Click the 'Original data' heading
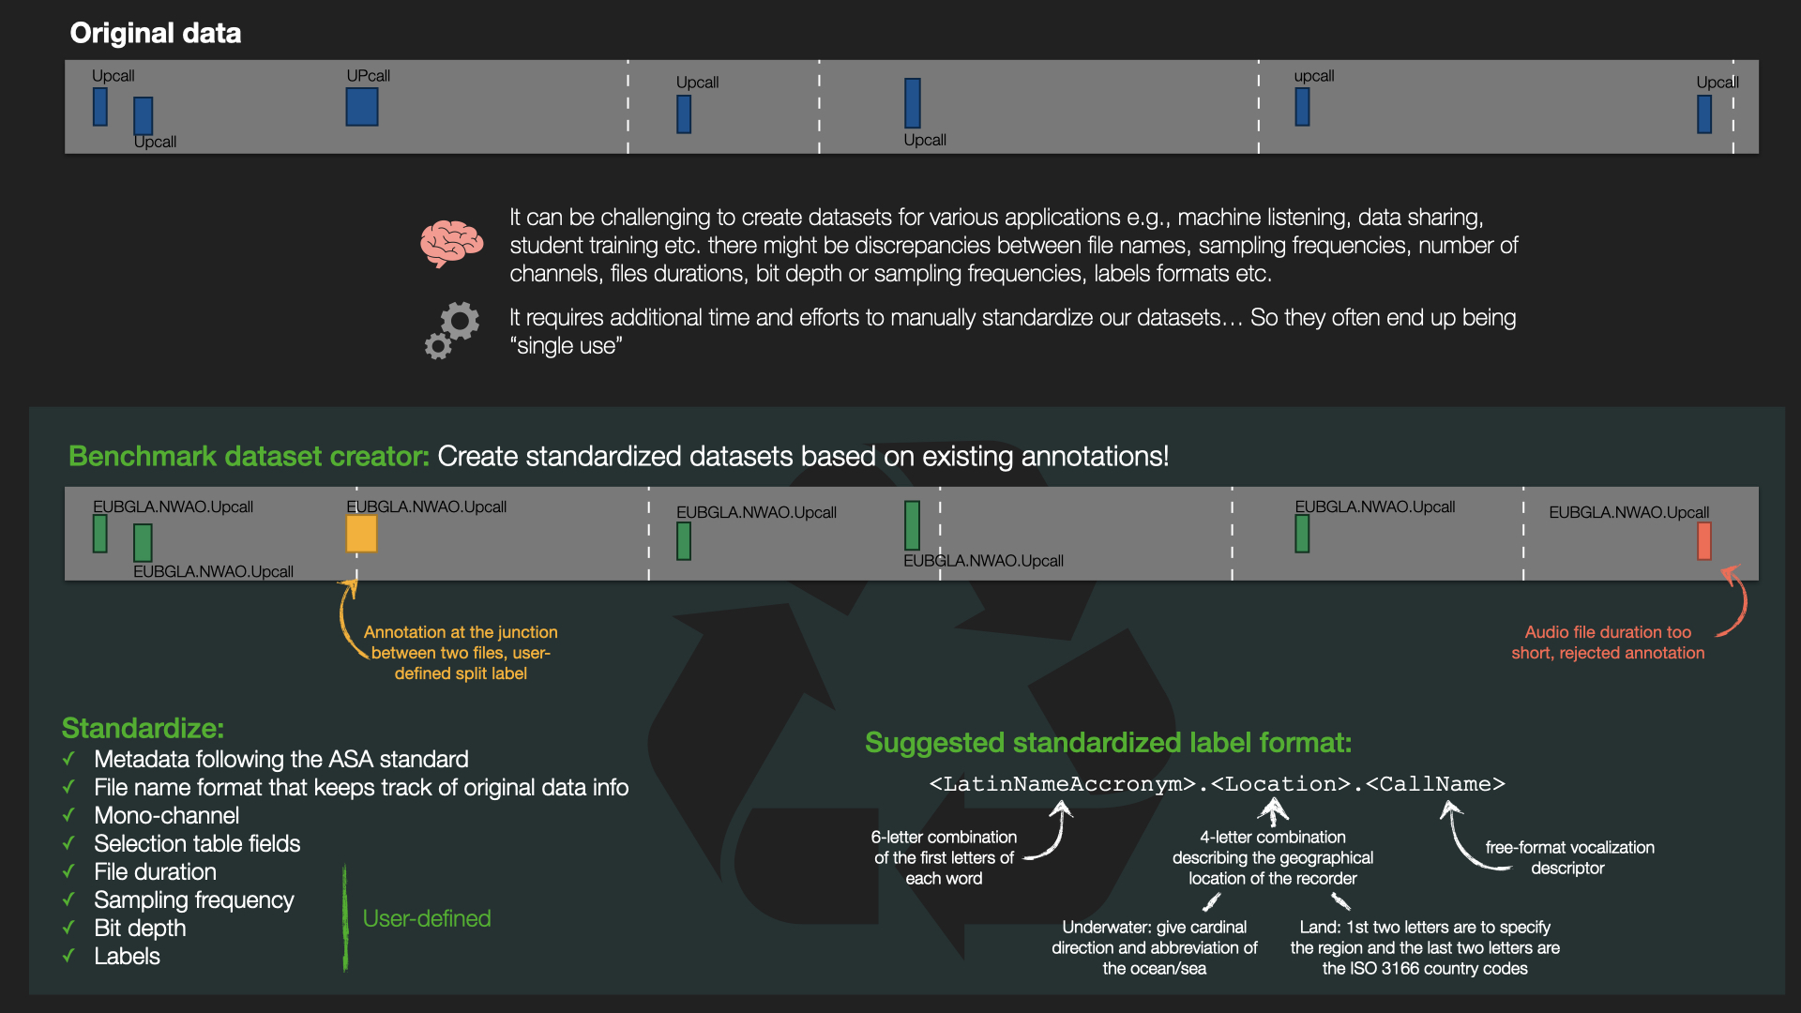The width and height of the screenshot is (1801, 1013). tap(156, 33)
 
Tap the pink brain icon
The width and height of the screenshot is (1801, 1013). tap(451, 244)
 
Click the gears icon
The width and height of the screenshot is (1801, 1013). tap(451, 330)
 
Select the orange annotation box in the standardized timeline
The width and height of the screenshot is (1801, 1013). tap(361, 534)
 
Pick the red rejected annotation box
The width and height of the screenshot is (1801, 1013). tap(1703, 541)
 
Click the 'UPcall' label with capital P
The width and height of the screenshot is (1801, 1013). tap(368, 76)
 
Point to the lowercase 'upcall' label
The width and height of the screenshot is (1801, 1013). tap(1313, 76)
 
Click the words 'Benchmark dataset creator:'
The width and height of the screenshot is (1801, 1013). tap(249, 456)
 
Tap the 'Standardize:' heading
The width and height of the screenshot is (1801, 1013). tap(143, 728)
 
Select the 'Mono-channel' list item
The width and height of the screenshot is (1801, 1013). tap(166, 815)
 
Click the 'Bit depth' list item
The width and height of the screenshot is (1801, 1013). tap(140, 928)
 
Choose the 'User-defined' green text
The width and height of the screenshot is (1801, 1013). tap(427, 918)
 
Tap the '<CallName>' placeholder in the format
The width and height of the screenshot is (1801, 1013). tap(1435, 784)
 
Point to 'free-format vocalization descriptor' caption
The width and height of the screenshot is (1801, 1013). tap(1569, 857)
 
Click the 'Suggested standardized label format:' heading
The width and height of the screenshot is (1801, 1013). tap(1108, 743)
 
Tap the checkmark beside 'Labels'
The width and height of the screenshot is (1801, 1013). tap(68, 956)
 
